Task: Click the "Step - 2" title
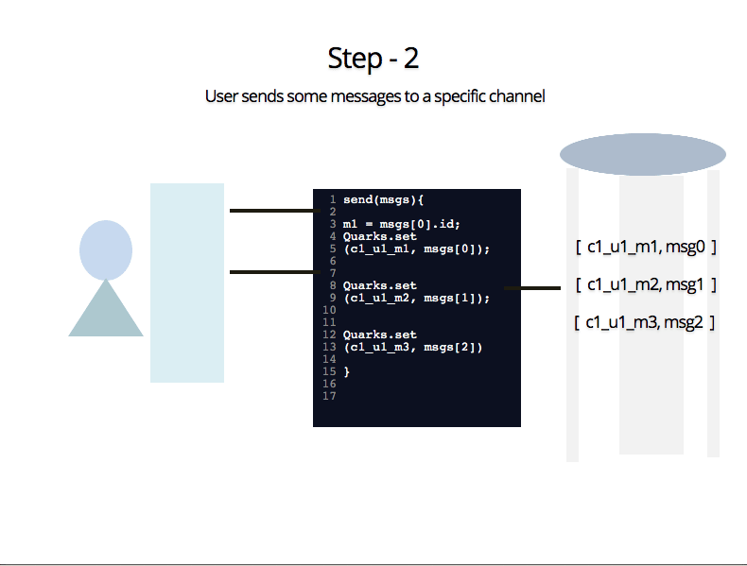(x=373, y=59)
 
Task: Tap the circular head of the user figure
(x=106, y=249)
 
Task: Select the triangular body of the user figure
(x=106, y=308)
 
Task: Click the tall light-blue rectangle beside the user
(x=187, y=283)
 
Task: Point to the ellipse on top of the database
(x=643, y=154)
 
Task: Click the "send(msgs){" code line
(x=383, y=200)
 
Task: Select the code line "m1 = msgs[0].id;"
(x=402, y=224)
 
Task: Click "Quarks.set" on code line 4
(x=380, y=236)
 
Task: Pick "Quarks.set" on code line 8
(x=380, y=285)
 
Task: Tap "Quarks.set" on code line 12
(x=380, y=334)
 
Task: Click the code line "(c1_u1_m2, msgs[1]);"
(x=416, y=298)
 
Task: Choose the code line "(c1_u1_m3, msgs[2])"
(x=412, y=348)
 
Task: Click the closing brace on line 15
(x=346, y=371)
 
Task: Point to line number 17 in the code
(x=329, y=396)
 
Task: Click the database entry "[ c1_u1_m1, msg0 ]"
(x=646, y=247)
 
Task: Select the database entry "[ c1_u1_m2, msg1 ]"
(x=646, y=284)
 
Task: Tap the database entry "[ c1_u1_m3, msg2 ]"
(x=644, y=322)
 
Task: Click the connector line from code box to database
(x=532, y=288)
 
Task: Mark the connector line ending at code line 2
(x=275, y=211)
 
